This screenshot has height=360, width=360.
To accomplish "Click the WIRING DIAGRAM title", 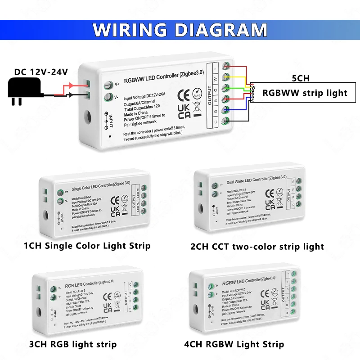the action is pyautogui.click(x=180, y=29).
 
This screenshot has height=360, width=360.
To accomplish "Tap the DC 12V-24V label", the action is pyautogui.click(x=41, y=72).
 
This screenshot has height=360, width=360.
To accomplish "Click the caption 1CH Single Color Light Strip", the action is pyautogui.click(x=87, y=246).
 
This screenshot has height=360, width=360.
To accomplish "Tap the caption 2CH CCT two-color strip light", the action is pyautogui.click(x=257, y=246).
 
